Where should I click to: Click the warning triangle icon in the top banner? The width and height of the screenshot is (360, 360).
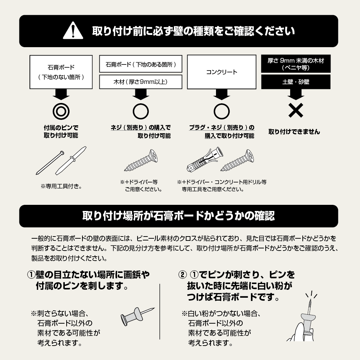coord(73,31)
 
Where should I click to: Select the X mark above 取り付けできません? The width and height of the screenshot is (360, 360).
coord(296,111)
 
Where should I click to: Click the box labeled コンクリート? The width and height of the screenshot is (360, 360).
coord(221,72)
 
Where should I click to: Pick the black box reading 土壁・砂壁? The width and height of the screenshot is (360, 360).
coord(296,82)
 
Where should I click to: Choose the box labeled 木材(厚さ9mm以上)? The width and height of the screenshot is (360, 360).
coord(140,82)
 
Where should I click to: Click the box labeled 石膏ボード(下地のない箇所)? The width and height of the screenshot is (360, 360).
coord(61,72)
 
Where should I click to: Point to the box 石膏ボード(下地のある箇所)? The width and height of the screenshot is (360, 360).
coord(140,64)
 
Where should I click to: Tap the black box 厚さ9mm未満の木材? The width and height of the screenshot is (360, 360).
coord(296,64)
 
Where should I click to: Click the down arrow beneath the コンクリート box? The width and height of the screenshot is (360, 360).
coord(221,94)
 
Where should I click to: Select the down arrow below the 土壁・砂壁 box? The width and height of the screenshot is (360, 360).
coord(296,94)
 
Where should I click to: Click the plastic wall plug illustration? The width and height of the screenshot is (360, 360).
coord(205,159)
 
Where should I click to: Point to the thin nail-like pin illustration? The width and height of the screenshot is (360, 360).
coord(50,163)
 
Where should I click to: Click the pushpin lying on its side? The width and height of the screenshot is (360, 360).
coord(137,316)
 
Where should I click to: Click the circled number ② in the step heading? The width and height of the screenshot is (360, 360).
coord(183,275)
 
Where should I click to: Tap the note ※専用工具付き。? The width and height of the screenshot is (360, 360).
coord(61,186)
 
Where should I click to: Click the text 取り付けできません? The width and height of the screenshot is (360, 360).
coord(294,132)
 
